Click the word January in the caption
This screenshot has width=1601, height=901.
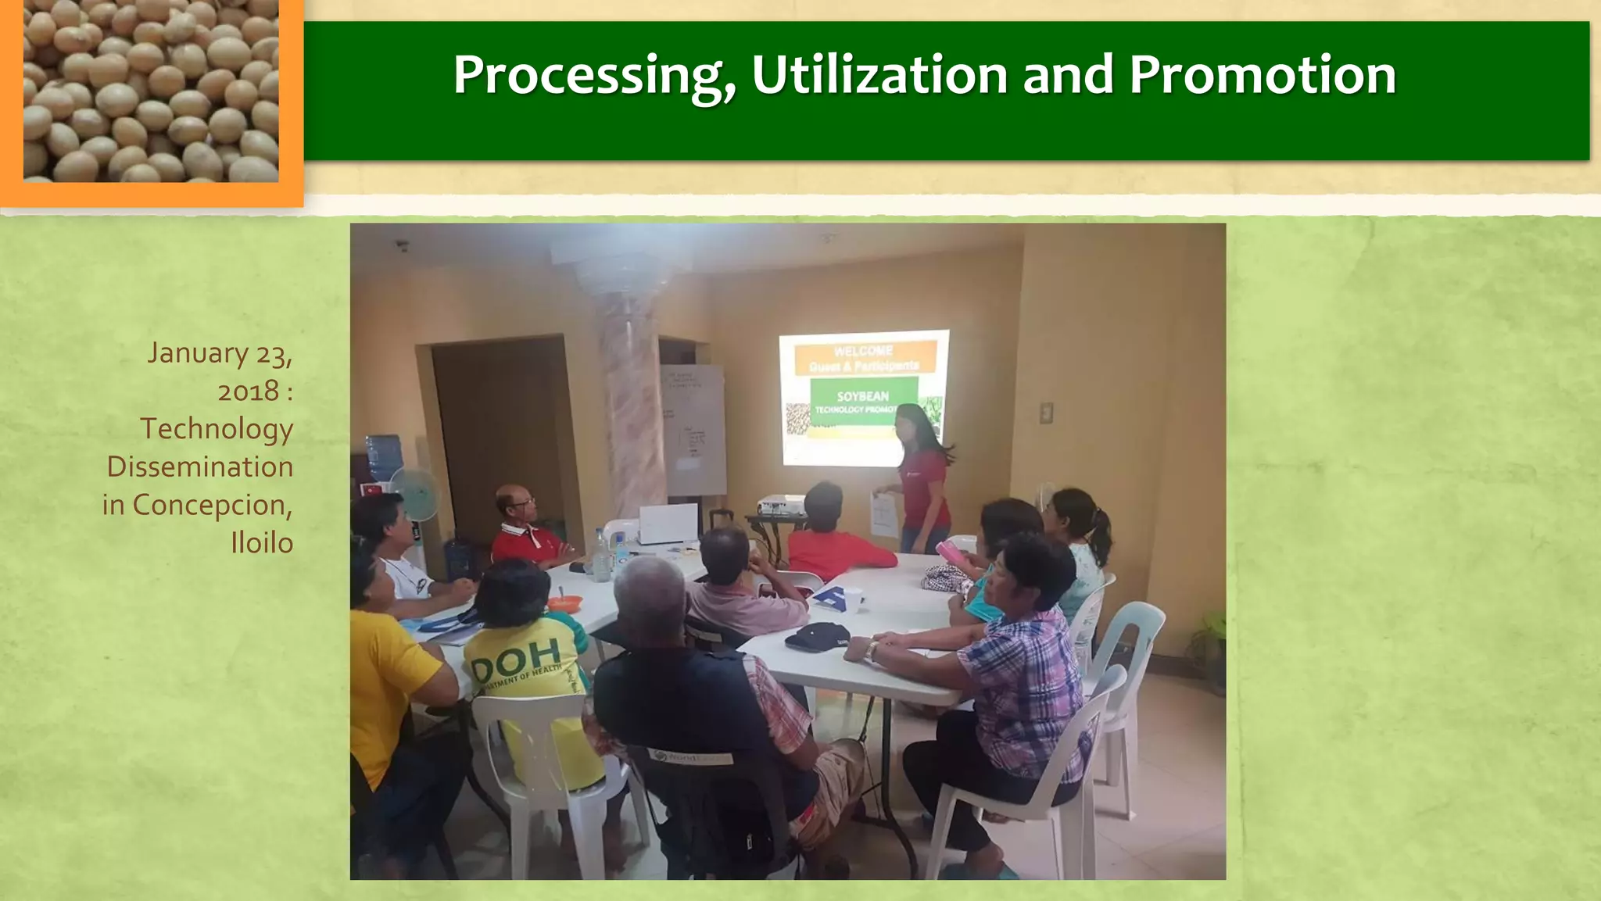[198, 353]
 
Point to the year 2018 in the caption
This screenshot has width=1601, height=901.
[248, 391]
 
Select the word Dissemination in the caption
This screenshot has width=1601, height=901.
[200, 467]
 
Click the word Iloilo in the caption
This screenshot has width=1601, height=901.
[261, 542]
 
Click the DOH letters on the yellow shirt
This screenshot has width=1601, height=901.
[516, 656]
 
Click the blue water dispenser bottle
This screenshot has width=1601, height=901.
[384, 456]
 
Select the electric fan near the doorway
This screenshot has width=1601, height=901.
[414, 494]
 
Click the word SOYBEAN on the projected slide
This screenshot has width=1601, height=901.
[862, 396]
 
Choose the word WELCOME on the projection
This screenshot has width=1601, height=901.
[863, 351]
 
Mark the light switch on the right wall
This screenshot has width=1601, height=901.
[1046, 413]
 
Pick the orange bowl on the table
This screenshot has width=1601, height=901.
[564, 602]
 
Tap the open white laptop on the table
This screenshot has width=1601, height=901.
[668, 524]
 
